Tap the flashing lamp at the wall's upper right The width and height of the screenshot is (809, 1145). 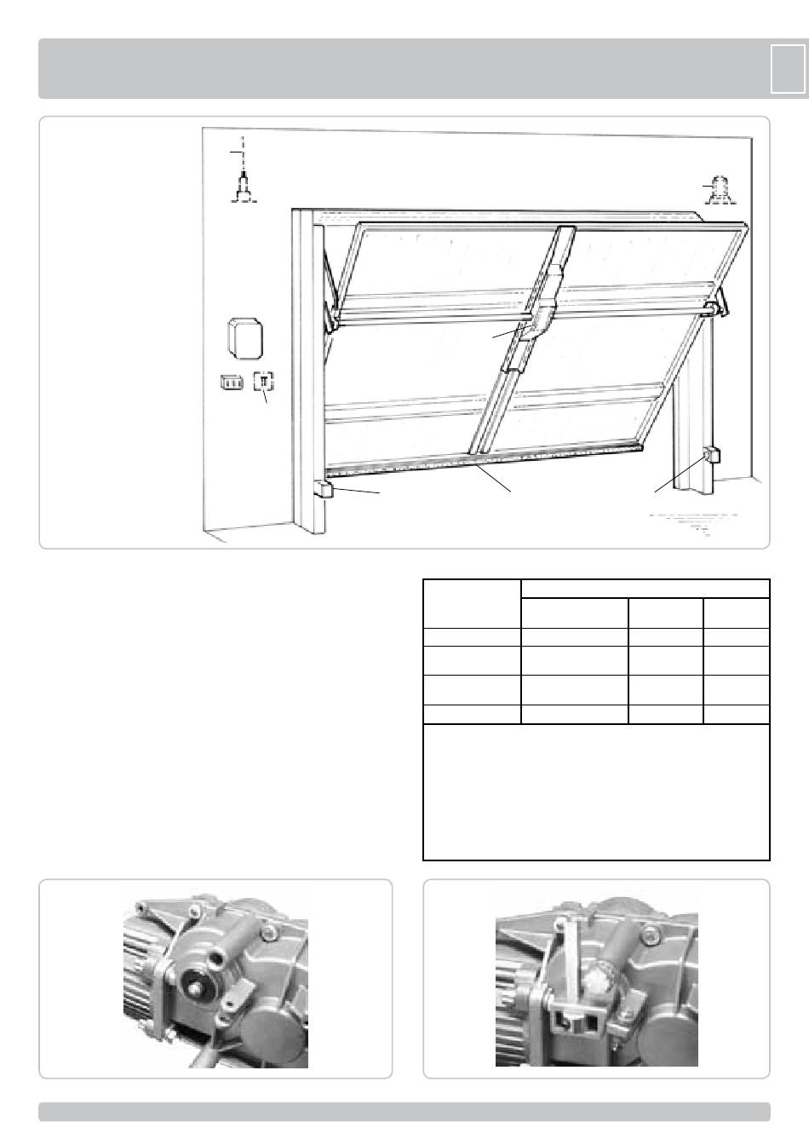(717, 189)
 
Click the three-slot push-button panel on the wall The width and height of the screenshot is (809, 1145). (231, 383)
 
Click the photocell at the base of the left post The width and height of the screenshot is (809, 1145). (324, 490)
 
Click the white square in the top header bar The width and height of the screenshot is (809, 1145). (787, 68)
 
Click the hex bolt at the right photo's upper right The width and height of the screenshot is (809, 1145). (653, 938)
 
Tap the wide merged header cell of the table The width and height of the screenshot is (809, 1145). (645, 589)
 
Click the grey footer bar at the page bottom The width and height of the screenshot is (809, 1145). (404, 1112)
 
